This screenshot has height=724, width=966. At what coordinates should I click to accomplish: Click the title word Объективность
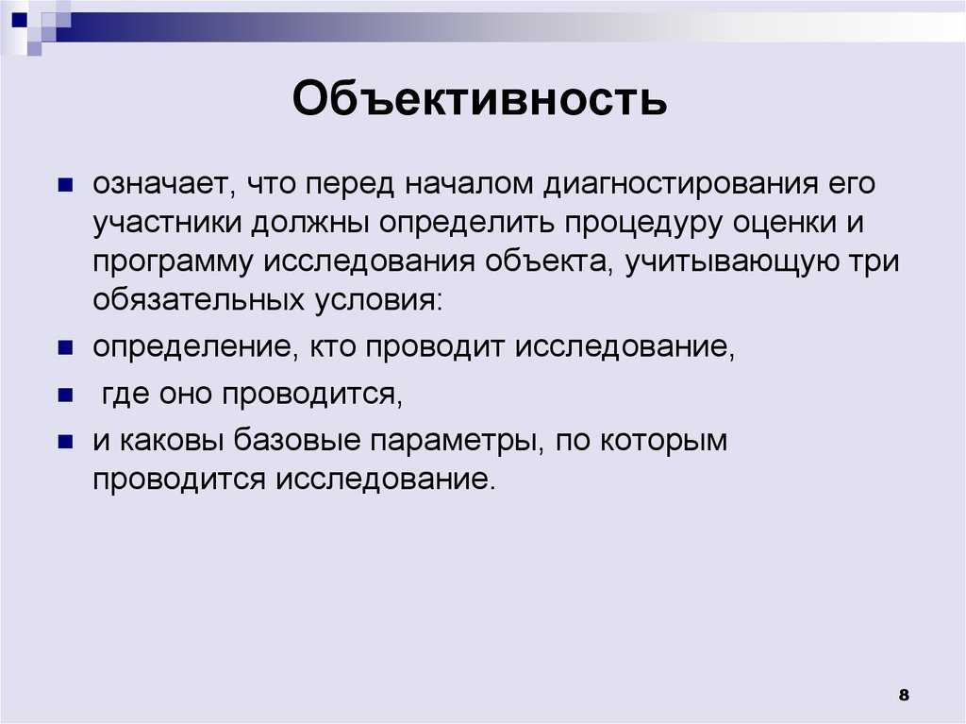coord(479,98)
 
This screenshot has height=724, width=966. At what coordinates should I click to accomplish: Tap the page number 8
coord(904,695)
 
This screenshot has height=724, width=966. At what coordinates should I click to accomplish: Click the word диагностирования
coord(681,184)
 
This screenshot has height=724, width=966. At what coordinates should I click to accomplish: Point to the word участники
coord(167,224)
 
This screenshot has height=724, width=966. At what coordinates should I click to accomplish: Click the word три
coord(873,262)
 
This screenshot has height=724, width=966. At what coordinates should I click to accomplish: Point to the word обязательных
coord(199,300)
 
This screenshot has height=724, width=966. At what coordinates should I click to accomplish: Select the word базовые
coord(297,440)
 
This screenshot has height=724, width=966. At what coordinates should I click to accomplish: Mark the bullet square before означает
coord(65,185)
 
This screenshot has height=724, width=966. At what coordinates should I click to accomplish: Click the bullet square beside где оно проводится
coord(65,395)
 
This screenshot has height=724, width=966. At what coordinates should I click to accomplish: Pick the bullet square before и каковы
coord(65,442)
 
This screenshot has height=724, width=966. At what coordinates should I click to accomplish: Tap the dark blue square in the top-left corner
coord(20,21)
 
